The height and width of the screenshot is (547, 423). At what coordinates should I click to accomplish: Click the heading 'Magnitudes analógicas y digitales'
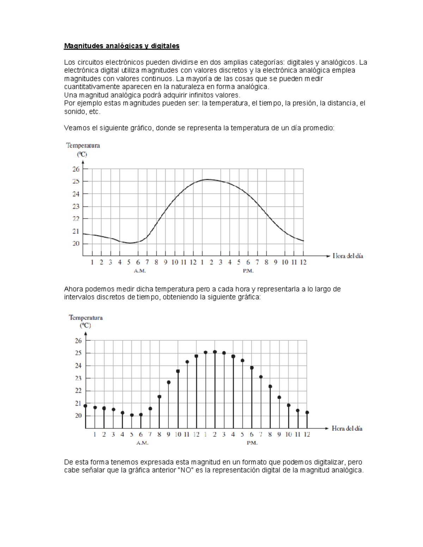[x=122, y=46]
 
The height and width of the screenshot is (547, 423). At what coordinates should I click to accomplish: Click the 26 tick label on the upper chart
[x=76, y=169]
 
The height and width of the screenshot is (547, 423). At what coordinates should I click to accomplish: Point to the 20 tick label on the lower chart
[x=78, y=416]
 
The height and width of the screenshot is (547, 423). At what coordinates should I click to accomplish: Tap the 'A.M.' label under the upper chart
[x=140, y=271]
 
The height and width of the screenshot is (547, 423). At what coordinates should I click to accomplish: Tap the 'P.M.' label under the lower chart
[x=252, y=443]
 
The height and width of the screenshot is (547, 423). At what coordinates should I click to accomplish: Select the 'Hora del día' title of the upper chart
[x=348, y=256]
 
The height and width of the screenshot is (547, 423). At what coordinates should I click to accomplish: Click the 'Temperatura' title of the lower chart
[x=86, y=318]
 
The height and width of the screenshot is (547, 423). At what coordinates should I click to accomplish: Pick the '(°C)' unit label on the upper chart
[x=82, y=154]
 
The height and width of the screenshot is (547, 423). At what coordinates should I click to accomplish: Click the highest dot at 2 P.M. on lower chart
[x=215, y=352]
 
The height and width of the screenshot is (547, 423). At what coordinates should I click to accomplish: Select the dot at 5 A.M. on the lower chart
[x=132, y=415]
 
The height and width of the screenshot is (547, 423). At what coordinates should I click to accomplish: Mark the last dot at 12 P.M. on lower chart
[x=307, y=412]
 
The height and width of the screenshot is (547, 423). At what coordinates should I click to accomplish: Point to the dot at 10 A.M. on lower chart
[x=178, y=371]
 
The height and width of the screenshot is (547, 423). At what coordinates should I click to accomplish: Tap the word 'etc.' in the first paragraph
[x=95, y=112]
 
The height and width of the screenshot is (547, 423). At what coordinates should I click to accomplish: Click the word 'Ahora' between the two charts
[x=73, y=289]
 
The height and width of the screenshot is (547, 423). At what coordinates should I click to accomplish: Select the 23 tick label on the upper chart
[x=76, y=206]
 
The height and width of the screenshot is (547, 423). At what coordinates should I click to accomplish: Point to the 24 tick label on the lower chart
[x=78, y=366]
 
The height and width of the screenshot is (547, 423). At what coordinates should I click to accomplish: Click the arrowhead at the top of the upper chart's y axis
[x=83, y=162]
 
